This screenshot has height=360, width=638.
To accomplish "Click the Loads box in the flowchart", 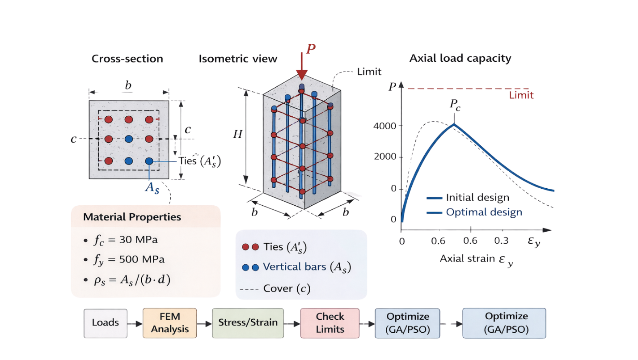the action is point(106,323).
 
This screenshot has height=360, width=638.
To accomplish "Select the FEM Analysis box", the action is point(170,323).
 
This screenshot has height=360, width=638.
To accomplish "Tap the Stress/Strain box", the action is point(248,323).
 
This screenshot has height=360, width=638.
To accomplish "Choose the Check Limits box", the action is point(330,323).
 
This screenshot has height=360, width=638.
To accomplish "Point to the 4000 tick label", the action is point(385,126).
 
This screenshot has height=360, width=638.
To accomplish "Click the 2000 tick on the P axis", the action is point(385,157).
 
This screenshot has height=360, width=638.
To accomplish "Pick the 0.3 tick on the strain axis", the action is point(501,241).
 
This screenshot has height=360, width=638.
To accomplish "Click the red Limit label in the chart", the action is point(521,95).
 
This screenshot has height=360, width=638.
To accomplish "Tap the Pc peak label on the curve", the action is point(455,105).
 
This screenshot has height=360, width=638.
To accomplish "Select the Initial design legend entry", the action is point(468,198).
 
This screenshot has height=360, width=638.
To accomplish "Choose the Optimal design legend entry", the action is point(474,212).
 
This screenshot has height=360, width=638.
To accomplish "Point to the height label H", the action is point(237,134).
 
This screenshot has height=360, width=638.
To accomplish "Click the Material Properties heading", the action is point(132,217).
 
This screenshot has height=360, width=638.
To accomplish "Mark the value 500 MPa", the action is point(142,259).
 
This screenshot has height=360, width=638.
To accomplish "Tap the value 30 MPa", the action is point(138,240).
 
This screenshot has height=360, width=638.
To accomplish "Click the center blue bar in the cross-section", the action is point(129,139).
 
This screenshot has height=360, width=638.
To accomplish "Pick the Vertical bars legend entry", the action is point(296,267).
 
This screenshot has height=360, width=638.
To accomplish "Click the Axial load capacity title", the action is point(460,59).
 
